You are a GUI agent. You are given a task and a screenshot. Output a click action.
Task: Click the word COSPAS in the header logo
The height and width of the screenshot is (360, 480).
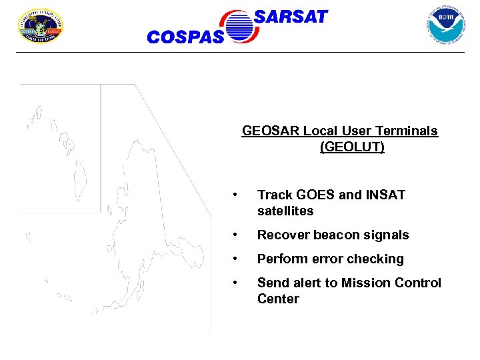point(185,37)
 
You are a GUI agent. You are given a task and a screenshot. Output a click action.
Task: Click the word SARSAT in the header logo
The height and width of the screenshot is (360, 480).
point(291,17)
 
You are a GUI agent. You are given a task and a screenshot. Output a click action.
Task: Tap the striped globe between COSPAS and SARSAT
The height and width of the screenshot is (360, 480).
point(241,27)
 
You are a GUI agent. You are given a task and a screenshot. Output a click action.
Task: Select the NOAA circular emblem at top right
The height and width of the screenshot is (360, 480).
point(445,25)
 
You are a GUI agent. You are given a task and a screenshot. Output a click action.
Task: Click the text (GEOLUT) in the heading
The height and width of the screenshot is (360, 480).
point(352,147)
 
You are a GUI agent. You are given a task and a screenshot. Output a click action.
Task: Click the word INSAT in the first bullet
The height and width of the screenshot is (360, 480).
point(385,195)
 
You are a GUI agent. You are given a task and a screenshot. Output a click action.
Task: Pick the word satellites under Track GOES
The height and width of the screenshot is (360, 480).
point(285,211)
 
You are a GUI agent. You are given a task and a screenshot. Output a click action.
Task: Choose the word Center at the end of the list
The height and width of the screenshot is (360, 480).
point(278,299)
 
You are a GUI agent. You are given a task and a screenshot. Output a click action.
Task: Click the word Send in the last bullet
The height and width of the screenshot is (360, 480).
point(272,283)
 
